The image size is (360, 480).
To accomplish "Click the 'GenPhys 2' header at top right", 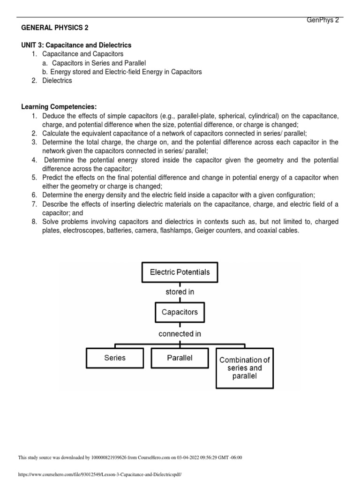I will pos(322,20).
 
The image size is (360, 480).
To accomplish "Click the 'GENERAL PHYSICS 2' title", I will pos(55,28).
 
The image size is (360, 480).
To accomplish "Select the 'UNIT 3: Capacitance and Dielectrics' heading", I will pos(76,45).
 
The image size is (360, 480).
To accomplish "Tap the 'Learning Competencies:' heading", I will pos(59,107).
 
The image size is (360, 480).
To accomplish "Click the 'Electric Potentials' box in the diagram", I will pos(180,272).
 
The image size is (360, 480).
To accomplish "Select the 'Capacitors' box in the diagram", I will pos(180,312).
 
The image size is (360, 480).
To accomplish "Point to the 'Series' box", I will pos(115,358).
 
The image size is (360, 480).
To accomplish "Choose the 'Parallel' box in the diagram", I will pos(180,358).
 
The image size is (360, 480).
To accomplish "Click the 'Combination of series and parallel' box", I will pos(244,368).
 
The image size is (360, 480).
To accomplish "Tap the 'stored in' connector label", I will pos(180,292).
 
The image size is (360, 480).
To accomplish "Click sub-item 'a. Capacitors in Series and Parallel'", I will pos(99,63).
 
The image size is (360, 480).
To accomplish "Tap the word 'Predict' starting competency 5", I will pos(53,178).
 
